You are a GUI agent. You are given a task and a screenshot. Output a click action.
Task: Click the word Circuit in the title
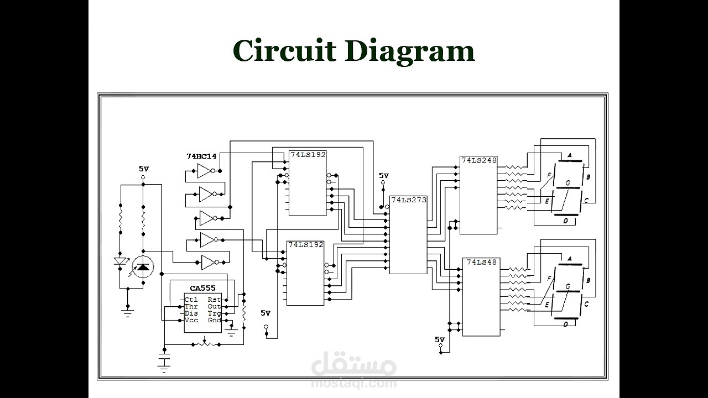tap(284, 51)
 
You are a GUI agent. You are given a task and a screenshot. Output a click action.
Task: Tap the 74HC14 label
tap(201, 156)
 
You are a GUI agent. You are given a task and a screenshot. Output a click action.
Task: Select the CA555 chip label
tap(202, 289)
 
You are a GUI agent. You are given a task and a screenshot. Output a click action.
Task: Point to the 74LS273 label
tap(409, 200)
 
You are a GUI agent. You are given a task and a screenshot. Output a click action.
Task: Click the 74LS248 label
tap(479, 160)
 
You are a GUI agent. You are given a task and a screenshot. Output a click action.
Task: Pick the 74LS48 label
tap(481, 262)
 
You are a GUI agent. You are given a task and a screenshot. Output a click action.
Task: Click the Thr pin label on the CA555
tap(191, 306)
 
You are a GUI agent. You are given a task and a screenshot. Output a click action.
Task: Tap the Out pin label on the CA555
tap(214, 306)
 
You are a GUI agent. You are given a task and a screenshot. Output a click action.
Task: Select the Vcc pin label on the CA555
tap(191, 320)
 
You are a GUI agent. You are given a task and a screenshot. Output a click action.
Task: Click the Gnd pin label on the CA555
tap(214, 320)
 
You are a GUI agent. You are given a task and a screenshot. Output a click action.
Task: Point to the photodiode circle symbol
tap(143, 268)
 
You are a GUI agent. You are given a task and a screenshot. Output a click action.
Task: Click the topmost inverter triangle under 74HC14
tap(205, 171)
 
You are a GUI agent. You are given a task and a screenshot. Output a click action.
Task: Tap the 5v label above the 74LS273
tap(384, 176)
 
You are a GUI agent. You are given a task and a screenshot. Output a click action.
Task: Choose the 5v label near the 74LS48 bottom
tap(440, 339)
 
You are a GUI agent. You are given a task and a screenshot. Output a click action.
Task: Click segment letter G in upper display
tap(568, 182)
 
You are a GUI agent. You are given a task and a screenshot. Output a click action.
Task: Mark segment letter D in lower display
tap(565, 324)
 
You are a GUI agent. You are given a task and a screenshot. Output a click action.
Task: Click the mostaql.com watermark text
tap(354, 383)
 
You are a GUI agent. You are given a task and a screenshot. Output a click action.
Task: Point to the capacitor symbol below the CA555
tap(164, 362)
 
